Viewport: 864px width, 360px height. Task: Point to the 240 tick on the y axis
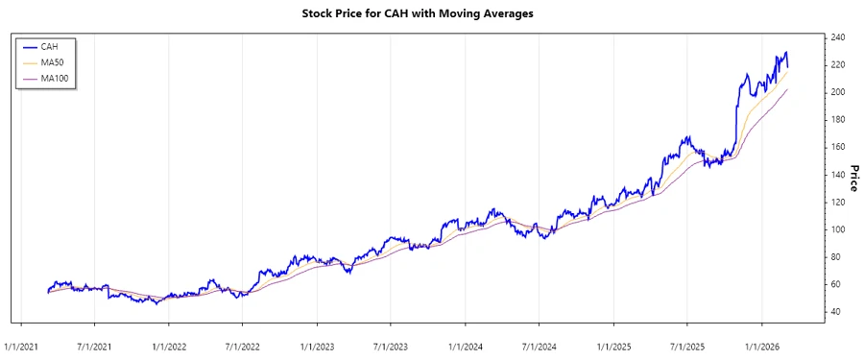838,37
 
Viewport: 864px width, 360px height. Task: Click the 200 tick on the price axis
838,92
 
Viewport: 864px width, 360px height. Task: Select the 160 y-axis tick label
838,147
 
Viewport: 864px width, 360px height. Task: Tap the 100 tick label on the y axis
838,229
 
